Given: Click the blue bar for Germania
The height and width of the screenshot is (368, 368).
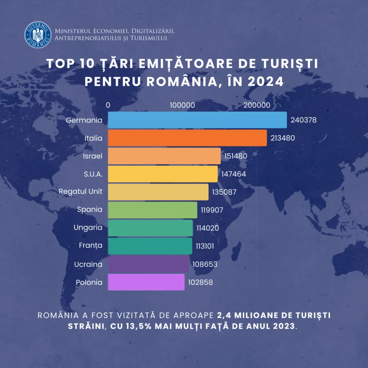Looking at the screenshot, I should [x=197, y=120].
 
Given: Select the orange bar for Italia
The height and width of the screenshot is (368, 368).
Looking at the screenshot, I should [x=187, y=138].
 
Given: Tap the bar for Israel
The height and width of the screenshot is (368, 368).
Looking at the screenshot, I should [x=164, y=156].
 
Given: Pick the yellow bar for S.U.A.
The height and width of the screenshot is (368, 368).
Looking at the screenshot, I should [x=163, y=174].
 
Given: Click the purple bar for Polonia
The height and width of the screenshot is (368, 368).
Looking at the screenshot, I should [x=146, y=282].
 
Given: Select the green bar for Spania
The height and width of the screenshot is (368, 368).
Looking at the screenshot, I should [x=153, y=210].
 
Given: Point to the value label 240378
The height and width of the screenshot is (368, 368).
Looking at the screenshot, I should [x=304, y=121].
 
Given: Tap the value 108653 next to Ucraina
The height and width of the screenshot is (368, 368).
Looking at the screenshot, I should [x=205, y=265].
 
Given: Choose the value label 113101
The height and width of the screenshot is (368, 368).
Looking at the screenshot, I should [x=205, y=246].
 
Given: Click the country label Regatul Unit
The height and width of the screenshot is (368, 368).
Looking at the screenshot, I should [x=81, y=191].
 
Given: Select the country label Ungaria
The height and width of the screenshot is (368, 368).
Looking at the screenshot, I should [x=88, y=227].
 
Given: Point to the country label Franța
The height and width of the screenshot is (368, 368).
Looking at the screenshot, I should [x=90, y=246].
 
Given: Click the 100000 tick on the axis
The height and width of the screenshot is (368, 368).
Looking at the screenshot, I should [x=182, y=105].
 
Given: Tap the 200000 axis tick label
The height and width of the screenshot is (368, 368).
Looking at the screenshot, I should [x=257, y=105].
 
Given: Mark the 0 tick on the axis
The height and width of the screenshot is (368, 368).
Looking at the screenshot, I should [x=108, y=105].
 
